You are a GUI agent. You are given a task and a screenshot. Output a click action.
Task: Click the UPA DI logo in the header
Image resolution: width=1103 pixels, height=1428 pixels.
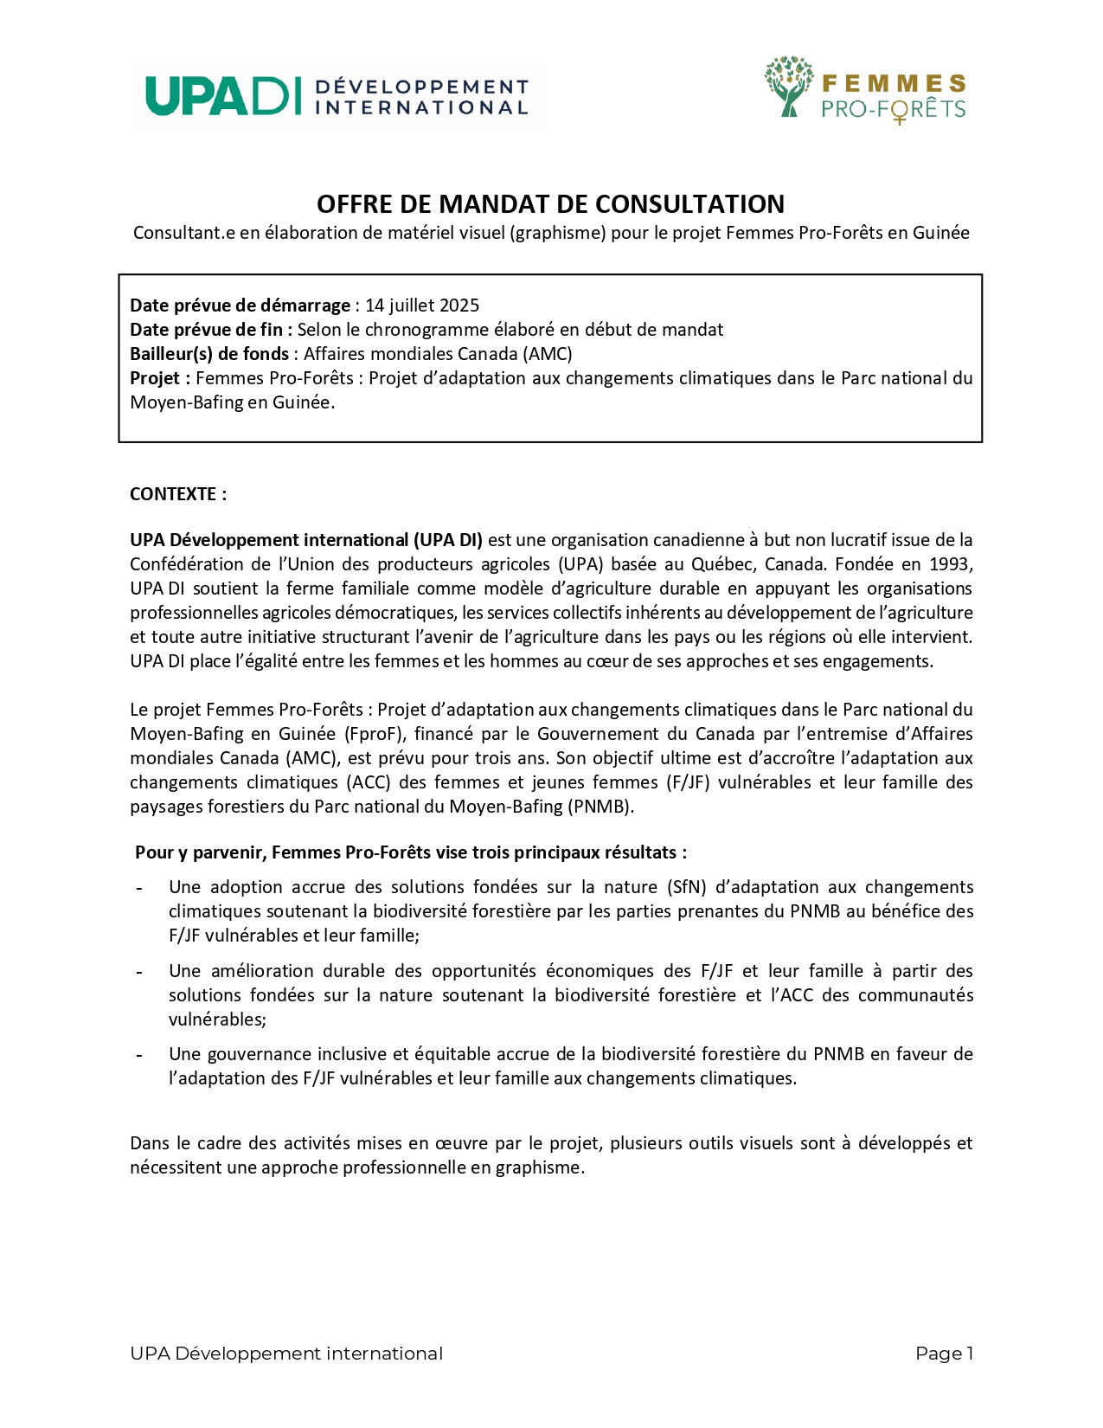[x=337, y=96]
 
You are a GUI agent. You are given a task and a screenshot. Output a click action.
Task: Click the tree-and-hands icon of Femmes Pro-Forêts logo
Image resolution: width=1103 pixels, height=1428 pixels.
[x=788, y=87]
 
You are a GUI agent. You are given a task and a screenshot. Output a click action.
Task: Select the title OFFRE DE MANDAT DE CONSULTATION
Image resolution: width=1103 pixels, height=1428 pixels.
[x=550, y=204]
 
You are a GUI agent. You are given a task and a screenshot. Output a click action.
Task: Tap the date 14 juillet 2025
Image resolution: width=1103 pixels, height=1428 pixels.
[x=422, y=306]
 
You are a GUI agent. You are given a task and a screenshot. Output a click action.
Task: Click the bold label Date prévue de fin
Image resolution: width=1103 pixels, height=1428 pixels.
[x=206, y=330]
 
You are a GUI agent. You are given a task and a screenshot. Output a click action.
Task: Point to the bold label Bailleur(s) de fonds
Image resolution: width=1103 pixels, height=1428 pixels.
[x=209, y=354]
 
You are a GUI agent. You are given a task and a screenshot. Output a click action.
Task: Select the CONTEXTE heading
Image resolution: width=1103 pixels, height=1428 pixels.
[x=177, y=494]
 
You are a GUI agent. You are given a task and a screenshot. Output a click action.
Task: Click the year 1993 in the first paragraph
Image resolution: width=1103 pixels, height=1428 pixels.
[x=951, y=564]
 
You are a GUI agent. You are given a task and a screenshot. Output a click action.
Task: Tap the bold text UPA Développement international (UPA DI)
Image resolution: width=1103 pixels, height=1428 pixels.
[x=306, y=540]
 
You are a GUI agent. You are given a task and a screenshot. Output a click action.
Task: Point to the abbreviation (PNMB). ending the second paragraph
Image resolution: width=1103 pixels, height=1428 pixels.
[x=600, y=807]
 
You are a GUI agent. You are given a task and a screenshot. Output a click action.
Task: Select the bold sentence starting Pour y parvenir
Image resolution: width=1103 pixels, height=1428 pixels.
[x=411, y=852]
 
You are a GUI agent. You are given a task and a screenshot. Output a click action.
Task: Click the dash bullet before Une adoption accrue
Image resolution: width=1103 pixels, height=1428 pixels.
[x=139, y=888]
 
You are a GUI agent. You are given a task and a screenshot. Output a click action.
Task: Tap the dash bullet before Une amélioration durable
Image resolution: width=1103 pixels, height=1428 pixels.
[x=139, y=972]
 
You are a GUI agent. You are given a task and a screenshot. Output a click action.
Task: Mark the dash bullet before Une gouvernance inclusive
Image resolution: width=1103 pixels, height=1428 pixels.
[x=139, y=1055]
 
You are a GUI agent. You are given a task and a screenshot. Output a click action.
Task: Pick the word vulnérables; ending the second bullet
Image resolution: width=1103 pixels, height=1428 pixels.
[x=217, y=1020]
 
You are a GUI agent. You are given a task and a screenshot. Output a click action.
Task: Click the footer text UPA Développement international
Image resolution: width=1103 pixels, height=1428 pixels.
[x=286, y=1354]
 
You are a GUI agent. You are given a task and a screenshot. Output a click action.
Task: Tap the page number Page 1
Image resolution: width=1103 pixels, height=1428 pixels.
[x=944, y=1354]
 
